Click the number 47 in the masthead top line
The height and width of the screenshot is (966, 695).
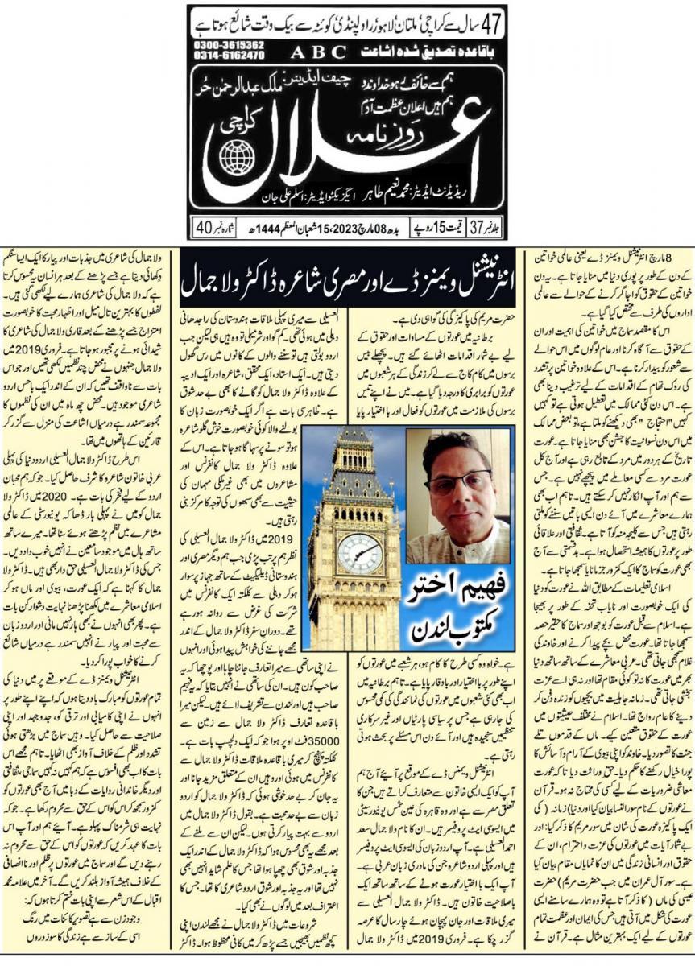pyautogui.click(x=493, y=22)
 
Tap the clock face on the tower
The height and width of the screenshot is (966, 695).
pyautogui.click(x=358, y=553)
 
